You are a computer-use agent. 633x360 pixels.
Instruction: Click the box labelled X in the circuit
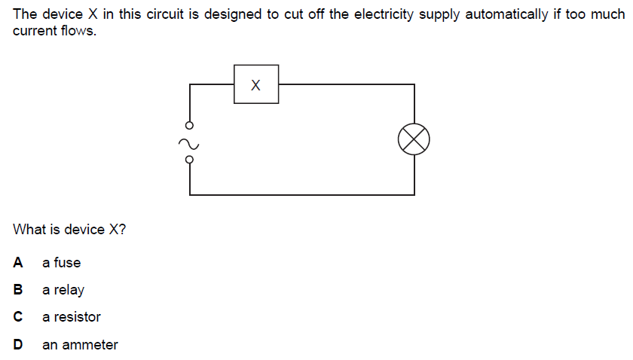(x=256, y=84)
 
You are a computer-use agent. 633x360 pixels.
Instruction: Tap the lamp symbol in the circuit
(x=414, y=139)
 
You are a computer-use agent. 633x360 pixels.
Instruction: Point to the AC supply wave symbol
(x=189, y=141)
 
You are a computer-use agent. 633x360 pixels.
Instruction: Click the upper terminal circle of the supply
(x=189, y=124)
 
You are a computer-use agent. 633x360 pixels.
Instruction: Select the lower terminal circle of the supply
(x=189, y=158)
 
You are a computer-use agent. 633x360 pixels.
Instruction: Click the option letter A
(x=17, y=262)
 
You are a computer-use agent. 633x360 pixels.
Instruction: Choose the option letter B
(x=17, y=289)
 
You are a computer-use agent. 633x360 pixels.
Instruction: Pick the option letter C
(x=17, y=317)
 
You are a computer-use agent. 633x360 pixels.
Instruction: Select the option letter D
(x=17, y=344)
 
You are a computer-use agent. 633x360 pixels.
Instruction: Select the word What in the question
(x=29, y=230)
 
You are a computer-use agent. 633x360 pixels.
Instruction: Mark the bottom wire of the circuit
(x=301, y=194)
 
